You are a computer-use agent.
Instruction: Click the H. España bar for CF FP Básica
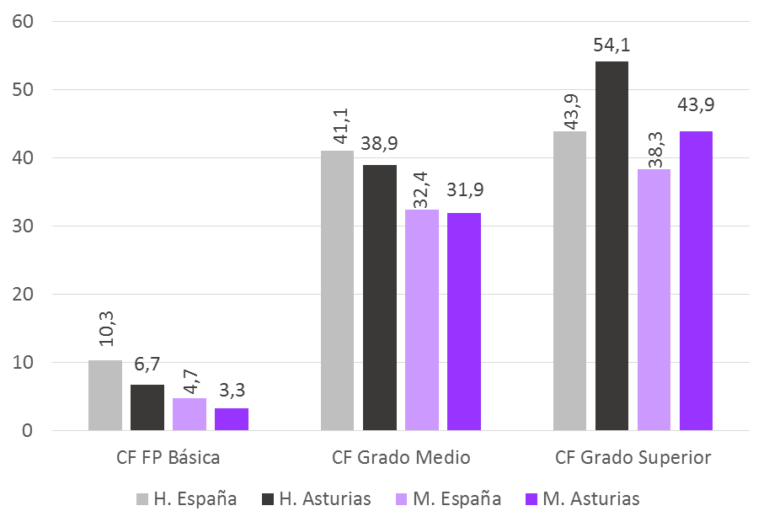(104, 396)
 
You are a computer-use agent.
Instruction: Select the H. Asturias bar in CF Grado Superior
(611, 246)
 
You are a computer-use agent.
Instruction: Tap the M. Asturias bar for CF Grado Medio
(463, 322)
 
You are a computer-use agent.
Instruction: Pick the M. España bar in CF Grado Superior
(654, 300)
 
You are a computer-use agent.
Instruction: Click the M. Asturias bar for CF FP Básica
(231, 419)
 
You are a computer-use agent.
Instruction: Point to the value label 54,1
(611, 45)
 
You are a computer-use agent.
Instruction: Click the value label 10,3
(105, 334)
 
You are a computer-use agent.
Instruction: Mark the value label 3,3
(231, 391)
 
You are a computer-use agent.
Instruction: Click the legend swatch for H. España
(143, 499)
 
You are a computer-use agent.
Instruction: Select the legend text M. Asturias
(590, 499)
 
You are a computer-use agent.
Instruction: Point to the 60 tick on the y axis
(23, 22)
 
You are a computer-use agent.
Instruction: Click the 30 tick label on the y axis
(23, 226)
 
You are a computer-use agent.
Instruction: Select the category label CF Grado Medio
(401, 458)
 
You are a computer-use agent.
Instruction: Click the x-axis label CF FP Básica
(168, 458)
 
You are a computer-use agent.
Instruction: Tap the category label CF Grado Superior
(633, 458)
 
